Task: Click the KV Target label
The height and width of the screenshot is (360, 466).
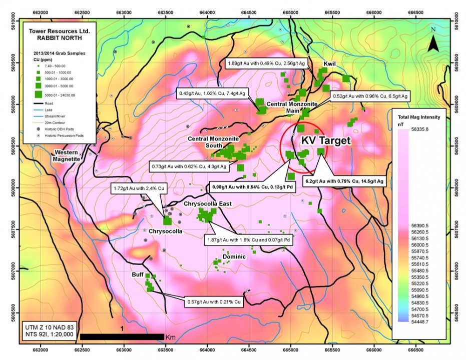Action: click(325, 141)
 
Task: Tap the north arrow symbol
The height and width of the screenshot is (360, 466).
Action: click(433, 40)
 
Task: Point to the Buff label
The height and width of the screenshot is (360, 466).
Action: click(138, 274)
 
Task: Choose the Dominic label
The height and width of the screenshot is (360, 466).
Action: click(234, 256)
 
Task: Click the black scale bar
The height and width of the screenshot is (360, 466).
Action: click(122, 336)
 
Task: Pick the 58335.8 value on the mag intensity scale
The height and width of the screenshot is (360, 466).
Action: click(419, 129)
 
